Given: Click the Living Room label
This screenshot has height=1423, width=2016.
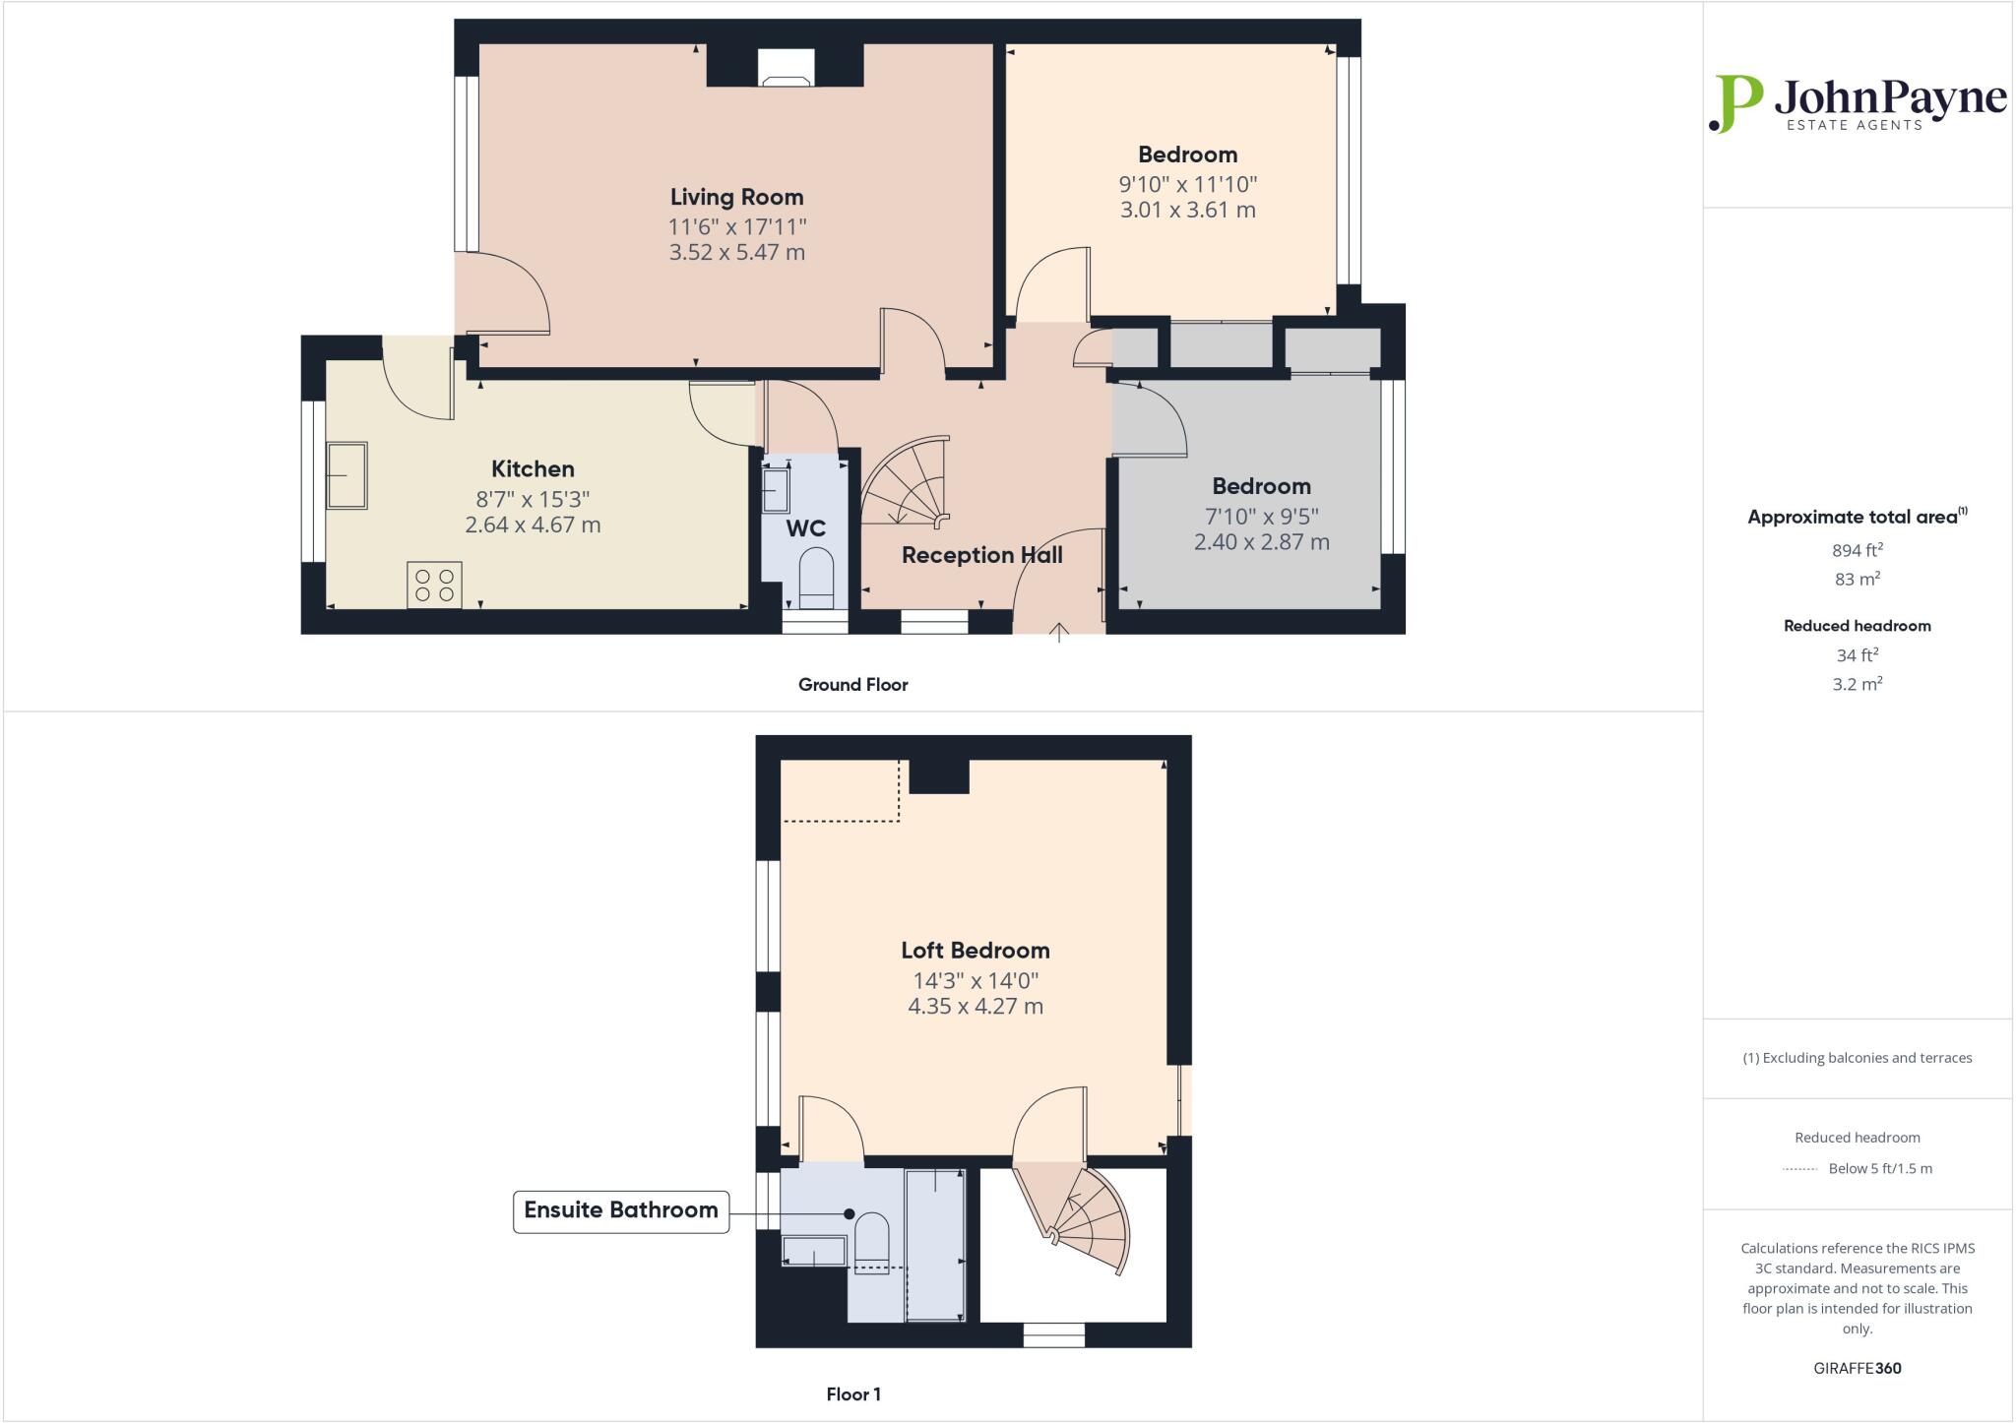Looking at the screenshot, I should [x=736, y=197].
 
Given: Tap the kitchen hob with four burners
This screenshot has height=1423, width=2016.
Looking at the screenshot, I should [x=434, y=585].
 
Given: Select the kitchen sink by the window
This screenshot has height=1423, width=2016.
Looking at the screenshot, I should [x=346, y=475].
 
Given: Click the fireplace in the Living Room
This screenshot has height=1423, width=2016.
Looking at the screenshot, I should [x=786, y=68].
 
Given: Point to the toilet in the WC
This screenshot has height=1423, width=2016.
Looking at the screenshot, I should [x=816, y=579].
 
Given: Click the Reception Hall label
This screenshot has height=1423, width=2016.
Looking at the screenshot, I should [x=981, y=555].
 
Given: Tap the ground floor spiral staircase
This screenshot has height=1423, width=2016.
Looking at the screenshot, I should [x=907, y=483].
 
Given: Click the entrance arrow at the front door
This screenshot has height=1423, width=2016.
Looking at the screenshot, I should [x=1058, y=632].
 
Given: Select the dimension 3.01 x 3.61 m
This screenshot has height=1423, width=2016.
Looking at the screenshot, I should [x=1187, y=210].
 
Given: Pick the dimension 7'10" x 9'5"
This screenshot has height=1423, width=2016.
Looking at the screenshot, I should [x=1261, y=516].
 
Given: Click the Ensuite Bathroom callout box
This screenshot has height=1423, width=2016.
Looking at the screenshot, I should [x=621, y=1210].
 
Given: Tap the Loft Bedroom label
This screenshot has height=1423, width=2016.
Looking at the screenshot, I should [x=975, y=951].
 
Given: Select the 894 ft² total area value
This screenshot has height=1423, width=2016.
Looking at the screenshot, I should [x=1857, y=550].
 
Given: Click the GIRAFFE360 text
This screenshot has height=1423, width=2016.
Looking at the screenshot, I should [x=1857, y=1368].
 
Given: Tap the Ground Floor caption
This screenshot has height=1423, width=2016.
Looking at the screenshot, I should [x=852, y=685].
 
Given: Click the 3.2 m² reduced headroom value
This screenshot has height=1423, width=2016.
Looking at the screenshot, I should [x=1857, y=684].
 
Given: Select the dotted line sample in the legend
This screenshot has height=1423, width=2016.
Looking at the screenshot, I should [x=1799, y=1169].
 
